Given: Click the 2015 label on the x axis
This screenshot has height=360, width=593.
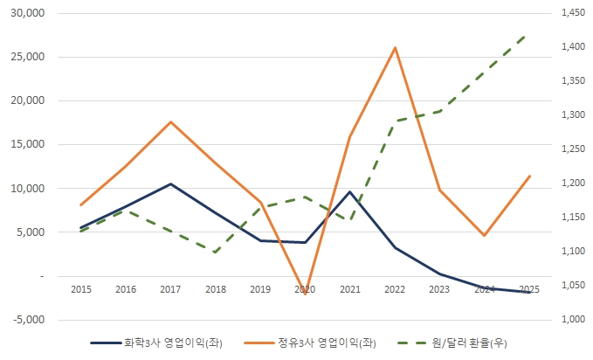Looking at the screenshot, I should (81, 289).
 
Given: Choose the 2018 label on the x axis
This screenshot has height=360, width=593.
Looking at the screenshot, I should (216, 289).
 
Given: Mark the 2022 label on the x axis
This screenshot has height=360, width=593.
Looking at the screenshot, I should (395, 289).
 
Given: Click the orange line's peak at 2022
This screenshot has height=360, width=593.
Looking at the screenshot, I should (395, 47).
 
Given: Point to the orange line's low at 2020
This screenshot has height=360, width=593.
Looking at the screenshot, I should (306, 295).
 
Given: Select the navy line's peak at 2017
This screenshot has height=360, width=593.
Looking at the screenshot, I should (171, 184).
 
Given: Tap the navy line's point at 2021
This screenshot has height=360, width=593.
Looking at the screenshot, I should (350, 192).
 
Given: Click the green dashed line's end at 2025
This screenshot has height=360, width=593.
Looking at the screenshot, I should (529, 33).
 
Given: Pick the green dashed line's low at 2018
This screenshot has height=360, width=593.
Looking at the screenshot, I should (216, 252).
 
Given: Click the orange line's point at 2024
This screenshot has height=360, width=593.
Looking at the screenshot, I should (485, 235).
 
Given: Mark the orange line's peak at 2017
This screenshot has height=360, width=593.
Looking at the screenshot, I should (171, 121).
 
